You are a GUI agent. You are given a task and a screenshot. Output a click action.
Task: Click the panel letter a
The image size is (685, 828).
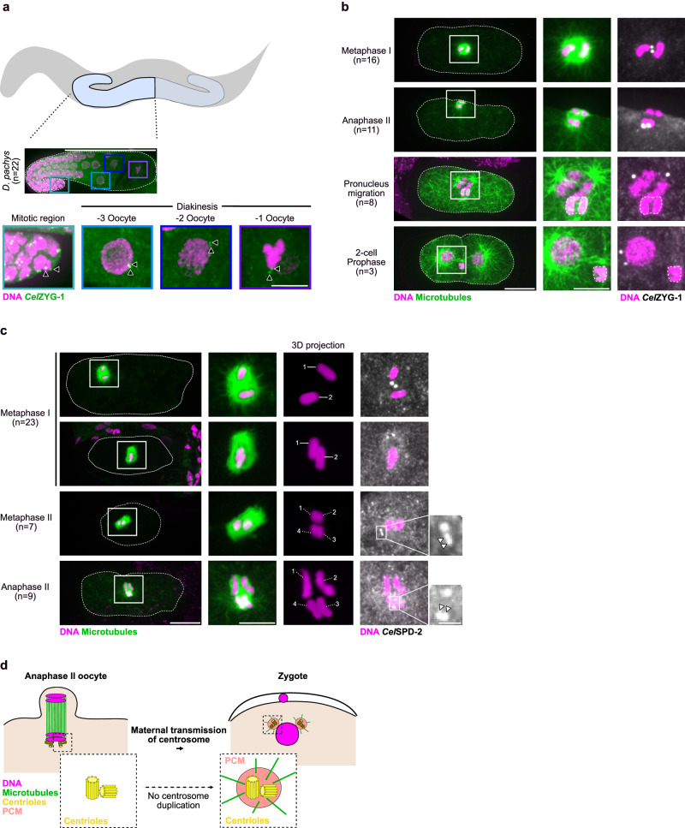point(7,7)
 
